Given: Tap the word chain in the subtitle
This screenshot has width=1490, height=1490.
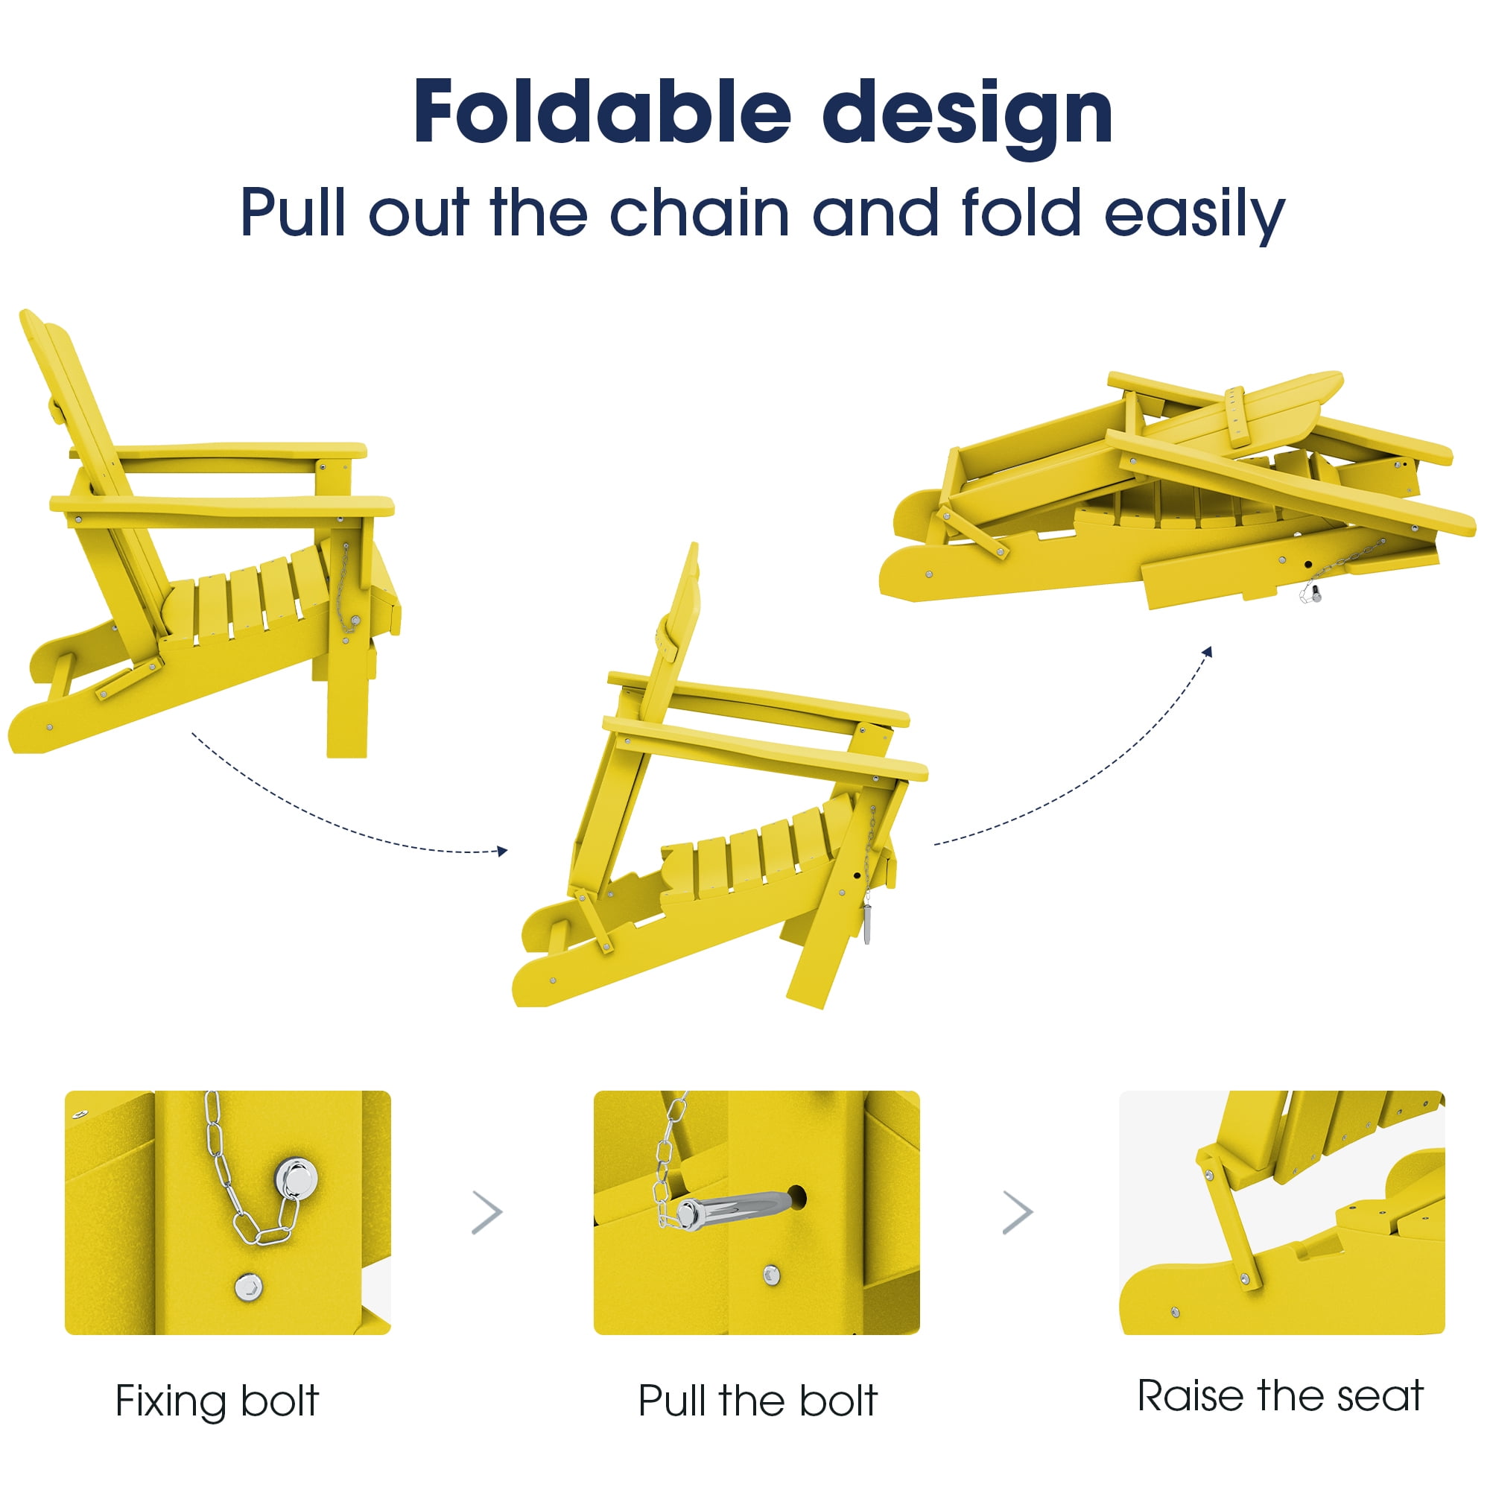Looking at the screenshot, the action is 700,212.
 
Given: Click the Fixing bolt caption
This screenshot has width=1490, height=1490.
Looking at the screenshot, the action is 217,1401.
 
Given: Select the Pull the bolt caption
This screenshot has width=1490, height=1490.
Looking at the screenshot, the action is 758,1401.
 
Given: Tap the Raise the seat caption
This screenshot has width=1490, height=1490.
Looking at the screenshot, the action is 1280,1395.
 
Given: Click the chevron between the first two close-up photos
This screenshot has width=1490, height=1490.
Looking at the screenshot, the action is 487,1212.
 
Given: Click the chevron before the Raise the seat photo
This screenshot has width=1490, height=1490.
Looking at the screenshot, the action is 1018,1212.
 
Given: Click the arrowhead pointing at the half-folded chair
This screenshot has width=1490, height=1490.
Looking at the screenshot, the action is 503,852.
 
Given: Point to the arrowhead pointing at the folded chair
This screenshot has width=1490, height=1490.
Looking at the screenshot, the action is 1208,653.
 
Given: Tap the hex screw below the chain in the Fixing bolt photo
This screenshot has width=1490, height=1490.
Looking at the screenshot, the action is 248,1287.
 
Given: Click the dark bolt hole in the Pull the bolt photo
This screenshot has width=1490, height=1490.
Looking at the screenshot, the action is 797,1198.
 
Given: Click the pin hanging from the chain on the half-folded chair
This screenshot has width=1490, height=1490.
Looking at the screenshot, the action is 868,925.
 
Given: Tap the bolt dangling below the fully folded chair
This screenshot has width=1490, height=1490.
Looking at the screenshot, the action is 1310,593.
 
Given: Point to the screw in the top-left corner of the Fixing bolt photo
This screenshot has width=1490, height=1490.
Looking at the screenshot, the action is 79,1114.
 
